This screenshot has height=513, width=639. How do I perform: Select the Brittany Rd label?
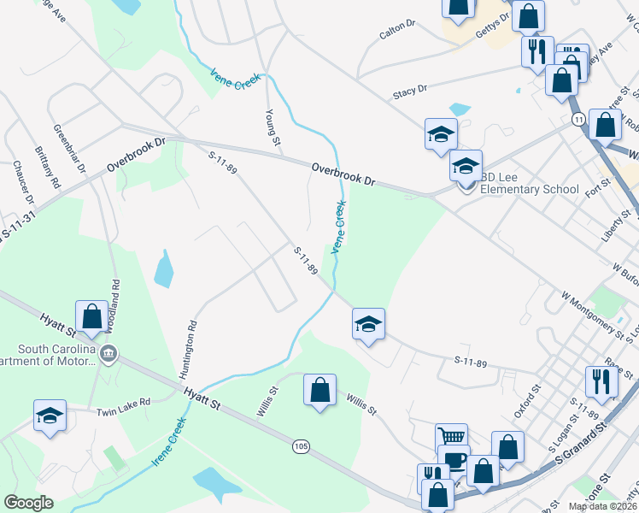click(47, 166)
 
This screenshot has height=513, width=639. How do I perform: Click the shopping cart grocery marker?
click(451, 439)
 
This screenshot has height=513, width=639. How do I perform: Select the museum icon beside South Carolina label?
click(108, 353)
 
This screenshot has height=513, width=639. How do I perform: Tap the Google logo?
click(28, 503)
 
